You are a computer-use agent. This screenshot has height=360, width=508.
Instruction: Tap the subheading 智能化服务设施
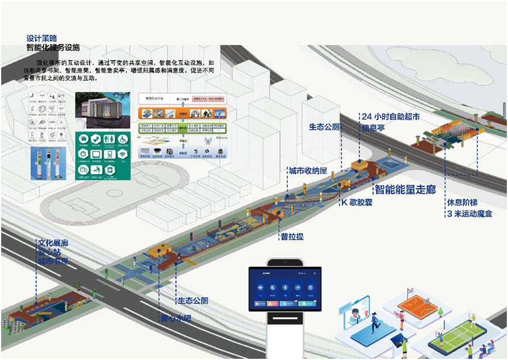coord(53,47)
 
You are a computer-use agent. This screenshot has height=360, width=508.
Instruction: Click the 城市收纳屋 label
coord(307,171)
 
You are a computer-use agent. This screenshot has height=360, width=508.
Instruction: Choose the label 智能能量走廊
coord(405,189)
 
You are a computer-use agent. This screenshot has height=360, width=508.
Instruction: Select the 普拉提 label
coord(292,237)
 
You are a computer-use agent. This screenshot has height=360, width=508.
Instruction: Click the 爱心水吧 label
coord(176,319)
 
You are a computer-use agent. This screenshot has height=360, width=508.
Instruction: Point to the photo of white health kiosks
coord(51,162)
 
